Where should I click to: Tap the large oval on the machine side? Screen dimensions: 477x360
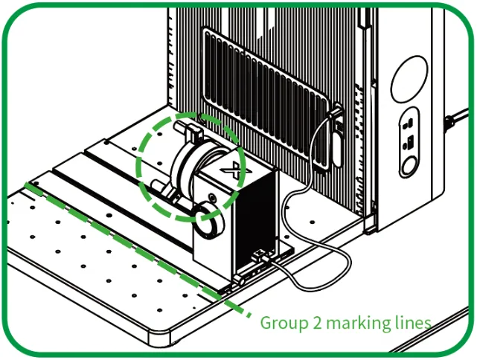click(x=409, y=80)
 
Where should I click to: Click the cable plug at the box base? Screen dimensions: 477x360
click(x=262, y=257)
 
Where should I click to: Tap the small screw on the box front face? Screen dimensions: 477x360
click(x=212, y=198)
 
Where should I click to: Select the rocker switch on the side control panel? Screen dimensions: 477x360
click(x=409, y=142)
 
